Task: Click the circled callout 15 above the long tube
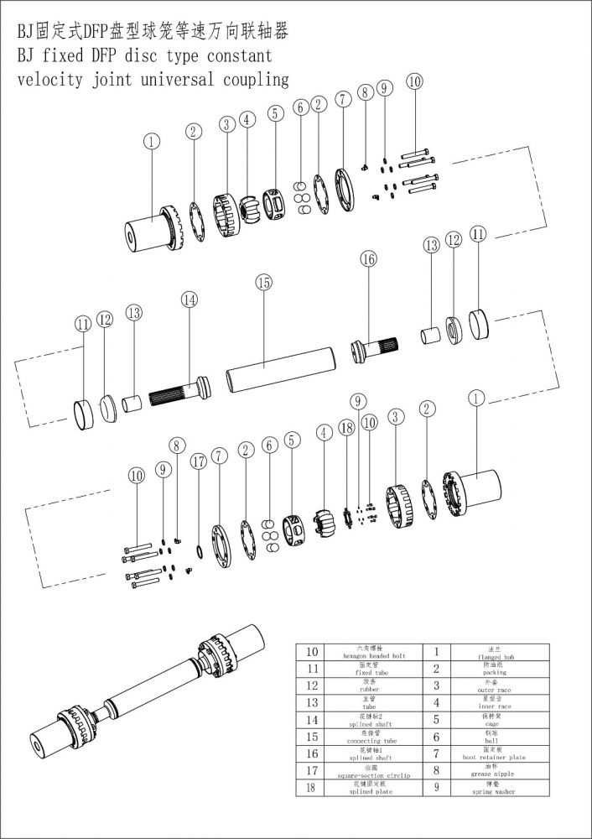click(264, 284)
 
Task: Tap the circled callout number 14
click(190, 300)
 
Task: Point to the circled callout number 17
click(198, 461)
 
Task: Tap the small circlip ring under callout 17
click(199, 550)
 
